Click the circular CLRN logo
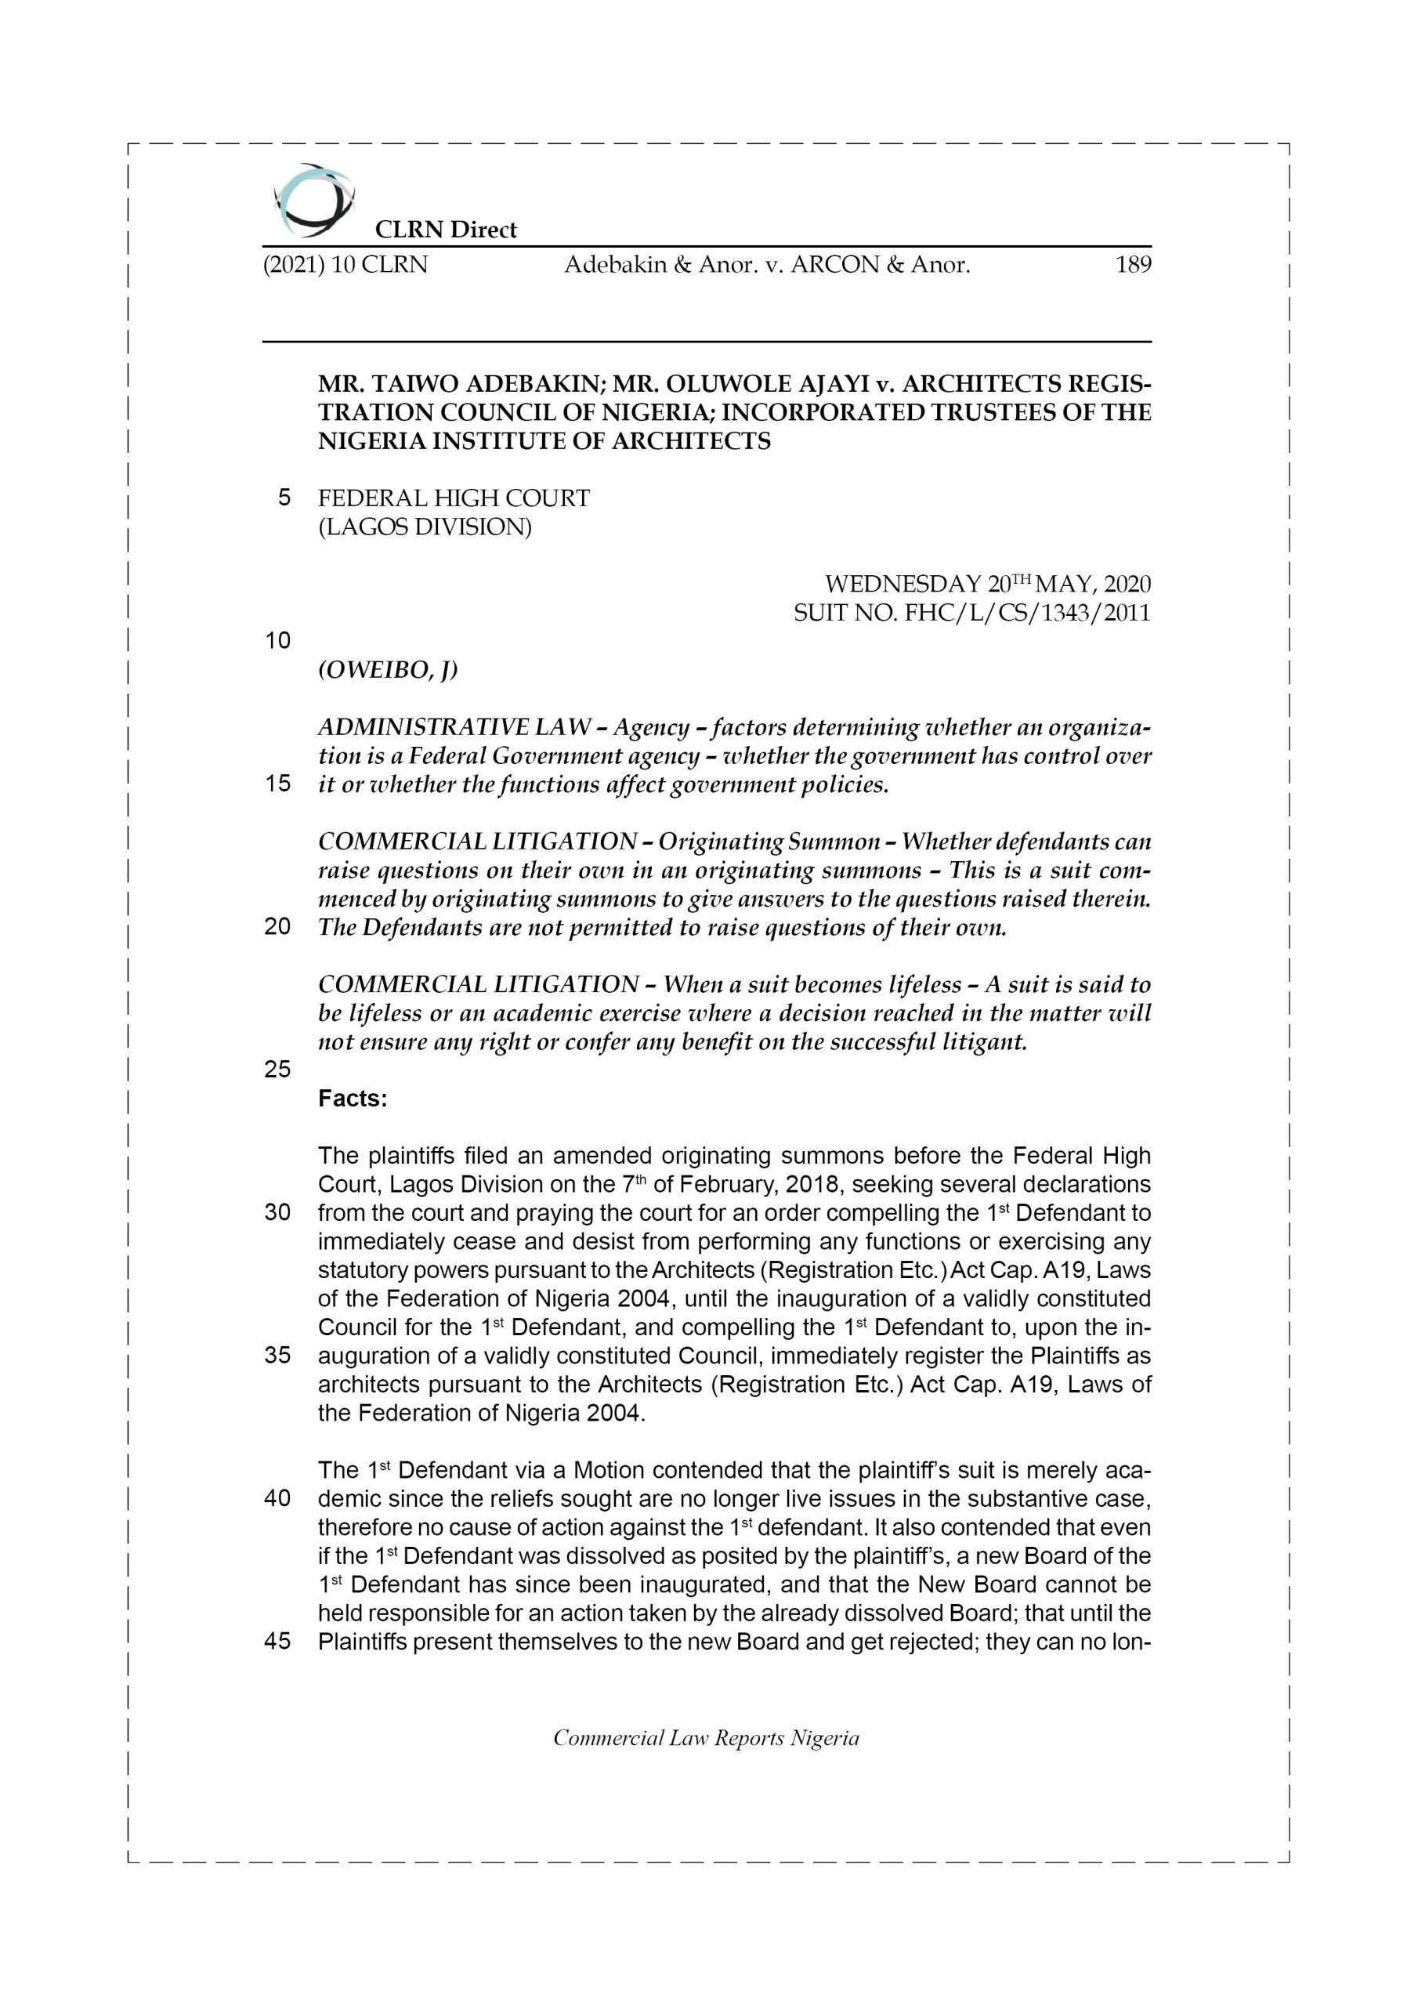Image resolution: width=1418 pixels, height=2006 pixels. coord(313,200)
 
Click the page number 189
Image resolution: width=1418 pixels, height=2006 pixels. coord(1132,265)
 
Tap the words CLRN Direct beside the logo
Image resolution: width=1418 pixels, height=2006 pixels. coord(446,230)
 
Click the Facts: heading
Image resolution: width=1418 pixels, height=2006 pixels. coord(352,1099)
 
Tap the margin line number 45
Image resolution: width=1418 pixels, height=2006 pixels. coord(277,1641)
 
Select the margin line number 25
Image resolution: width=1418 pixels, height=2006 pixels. coord(277,1070)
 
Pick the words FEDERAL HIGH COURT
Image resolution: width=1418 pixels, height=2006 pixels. coord(454,498)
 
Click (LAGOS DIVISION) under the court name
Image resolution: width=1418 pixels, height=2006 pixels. coord(425,527)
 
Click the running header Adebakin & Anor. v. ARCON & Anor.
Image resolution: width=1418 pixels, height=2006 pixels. coord(767,265)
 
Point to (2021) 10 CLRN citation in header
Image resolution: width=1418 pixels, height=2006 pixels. coord(345,265)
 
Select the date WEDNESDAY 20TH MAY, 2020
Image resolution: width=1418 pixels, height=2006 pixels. coord(987,584)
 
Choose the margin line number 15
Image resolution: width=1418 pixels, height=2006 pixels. coord(277,784)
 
